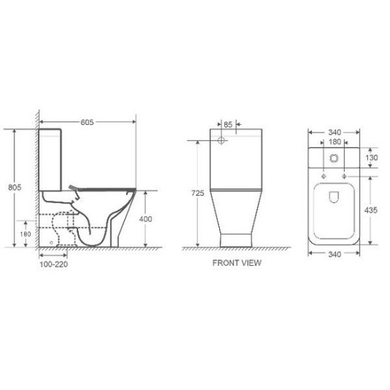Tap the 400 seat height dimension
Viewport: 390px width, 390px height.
145,219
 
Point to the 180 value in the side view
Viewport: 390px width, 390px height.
26,233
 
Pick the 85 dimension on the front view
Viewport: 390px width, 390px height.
228,124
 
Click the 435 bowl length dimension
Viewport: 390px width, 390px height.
372,211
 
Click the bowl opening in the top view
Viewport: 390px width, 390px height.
333,206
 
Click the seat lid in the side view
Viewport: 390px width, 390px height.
106,187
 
